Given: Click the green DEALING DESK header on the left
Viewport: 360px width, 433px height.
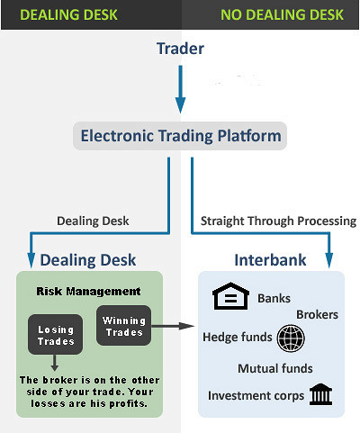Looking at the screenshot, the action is point(68,15).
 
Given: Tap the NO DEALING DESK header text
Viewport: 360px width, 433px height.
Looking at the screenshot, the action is point(282,15).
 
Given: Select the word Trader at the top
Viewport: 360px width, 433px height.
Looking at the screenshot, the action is point(180,49).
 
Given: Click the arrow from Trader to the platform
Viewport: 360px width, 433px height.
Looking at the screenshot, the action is point(180,89).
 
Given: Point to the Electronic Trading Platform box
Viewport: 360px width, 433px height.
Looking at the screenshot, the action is point(180,136).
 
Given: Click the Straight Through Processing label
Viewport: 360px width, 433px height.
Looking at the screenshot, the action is point(278,221).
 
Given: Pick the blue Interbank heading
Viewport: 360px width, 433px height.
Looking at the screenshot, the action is point(270,260).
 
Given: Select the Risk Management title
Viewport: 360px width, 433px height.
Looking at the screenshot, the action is point(88,292).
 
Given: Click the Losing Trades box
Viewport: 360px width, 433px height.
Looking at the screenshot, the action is point(55,335).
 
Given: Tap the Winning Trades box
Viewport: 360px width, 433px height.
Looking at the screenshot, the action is point(123,326).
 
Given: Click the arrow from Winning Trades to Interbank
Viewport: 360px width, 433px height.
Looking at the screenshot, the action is point(173,326).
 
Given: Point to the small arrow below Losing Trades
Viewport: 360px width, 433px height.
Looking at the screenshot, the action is point(54,363).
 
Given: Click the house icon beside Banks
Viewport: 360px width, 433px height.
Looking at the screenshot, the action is point(230,296).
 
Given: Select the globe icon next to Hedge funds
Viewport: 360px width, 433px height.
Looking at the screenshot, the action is point(291,338).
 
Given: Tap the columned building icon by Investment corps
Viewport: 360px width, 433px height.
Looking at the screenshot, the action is point(320,394).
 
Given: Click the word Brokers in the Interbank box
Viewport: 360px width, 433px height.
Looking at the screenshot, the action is point(317,315).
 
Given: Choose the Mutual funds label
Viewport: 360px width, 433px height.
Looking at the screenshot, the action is point(275,368).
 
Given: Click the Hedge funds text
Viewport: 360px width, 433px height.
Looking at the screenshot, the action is point(238,337).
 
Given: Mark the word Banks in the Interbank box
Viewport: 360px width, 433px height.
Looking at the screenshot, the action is point(274,299).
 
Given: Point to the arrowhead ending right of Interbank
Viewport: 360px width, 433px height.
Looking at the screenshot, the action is point(329,260).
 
